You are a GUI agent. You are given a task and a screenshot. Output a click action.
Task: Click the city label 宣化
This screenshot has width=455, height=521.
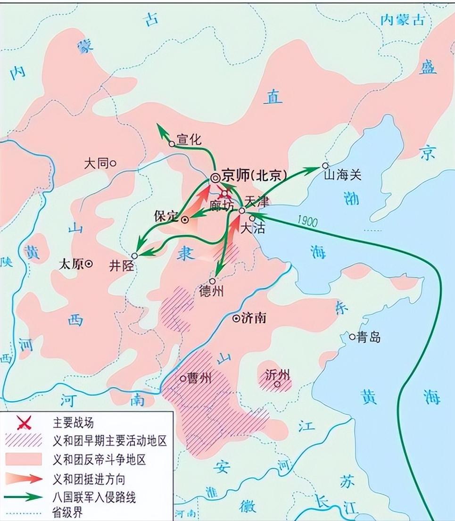point(189,140)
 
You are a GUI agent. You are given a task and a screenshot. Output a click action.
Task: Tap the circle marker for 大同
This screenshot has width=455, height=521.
point(113,164)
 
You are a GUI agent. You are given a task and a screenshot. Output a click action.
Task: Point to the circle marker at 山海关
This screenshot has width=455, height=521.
point(325,165)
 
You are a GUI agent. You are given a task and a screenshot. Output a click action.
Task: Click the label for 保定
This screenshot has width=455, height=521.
point(166,216)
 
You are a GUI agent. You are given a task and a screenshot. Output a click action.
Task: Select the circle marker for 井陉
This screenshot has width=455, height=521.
point(134,256)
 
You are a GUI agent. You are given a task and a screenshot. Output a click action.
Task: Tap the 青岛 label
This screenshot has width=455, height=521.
point(369,338)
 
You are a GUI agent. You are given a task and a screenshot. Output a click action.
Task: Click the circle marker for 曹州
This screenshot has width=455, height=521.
point(183,378)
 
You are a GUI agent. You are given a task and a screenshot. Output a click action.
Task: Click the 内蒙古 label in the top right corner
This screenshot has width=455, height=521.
point(403,19)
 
